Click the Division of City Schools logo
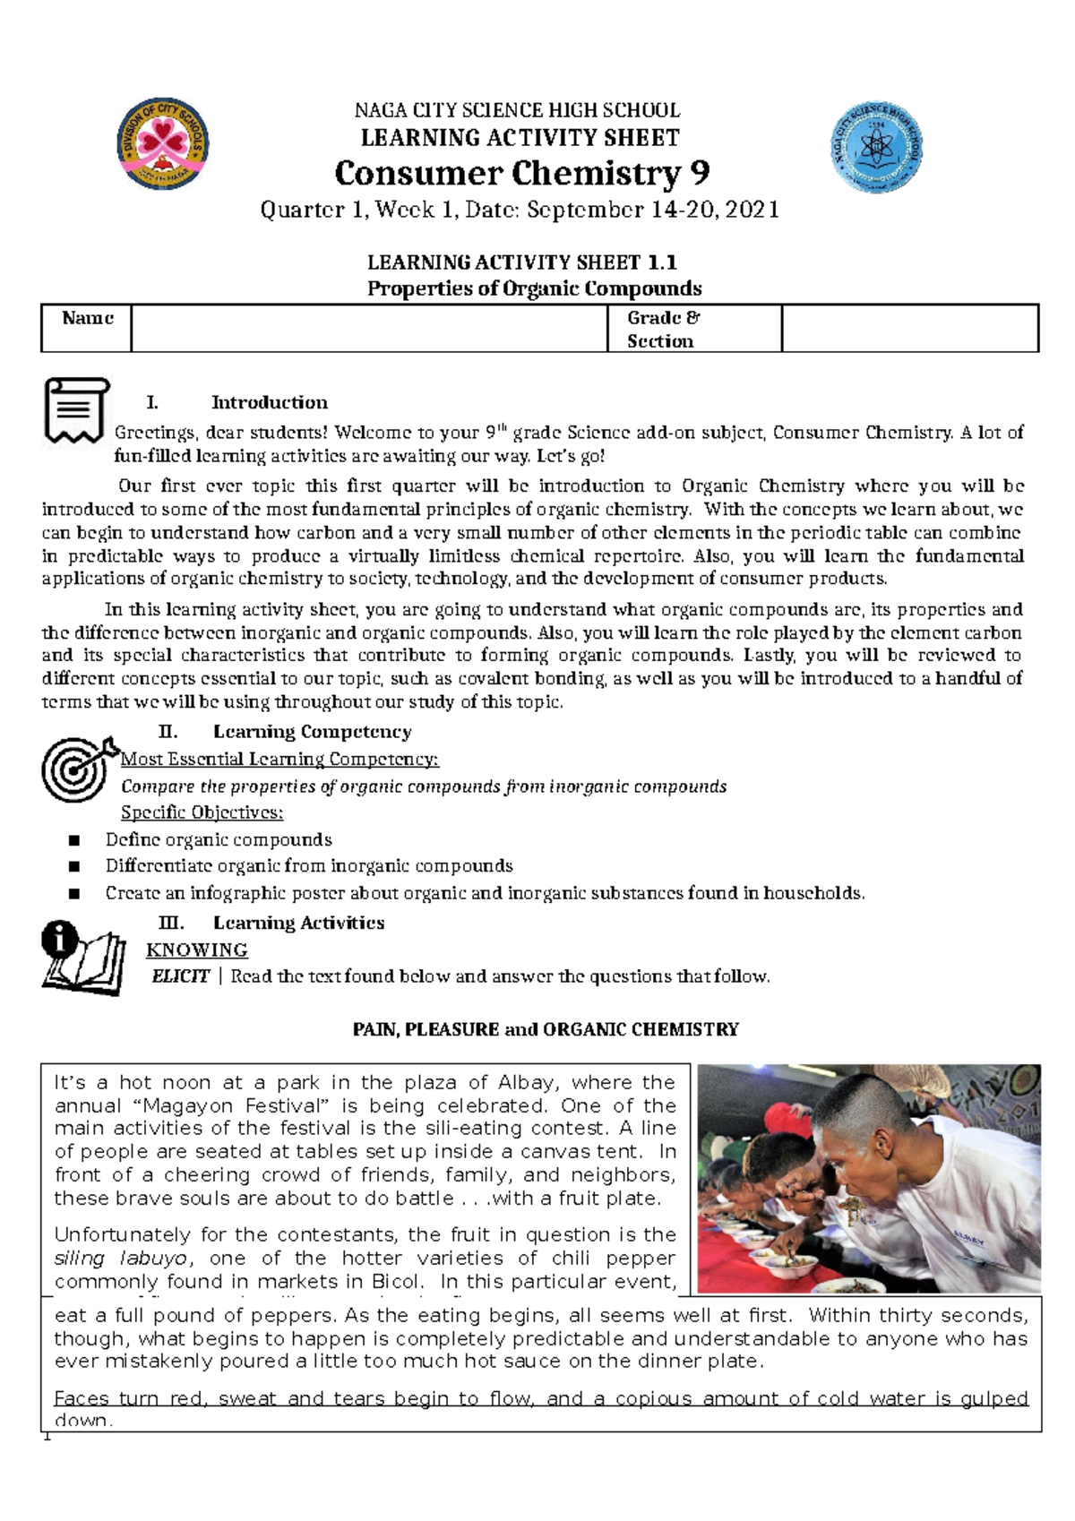[163, 144]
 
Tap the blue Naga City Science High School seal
[876, 147]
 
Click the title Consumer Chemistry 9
[521, 172]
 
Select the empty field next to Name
[368, 328]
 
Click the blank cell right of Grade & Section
[908, 328]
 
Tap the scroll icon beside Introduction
[75, 410]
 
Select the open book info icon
[82, 958]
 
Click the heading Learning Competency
[312, 732]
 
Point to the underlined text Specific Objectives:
[202, 812]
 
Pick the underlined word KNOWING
[197, 950]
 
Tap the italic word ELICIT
[181, 976]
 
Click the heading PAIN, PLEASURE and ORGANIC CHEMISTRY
[546, 1029]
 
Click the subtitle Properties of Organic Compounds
[535, 288]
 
